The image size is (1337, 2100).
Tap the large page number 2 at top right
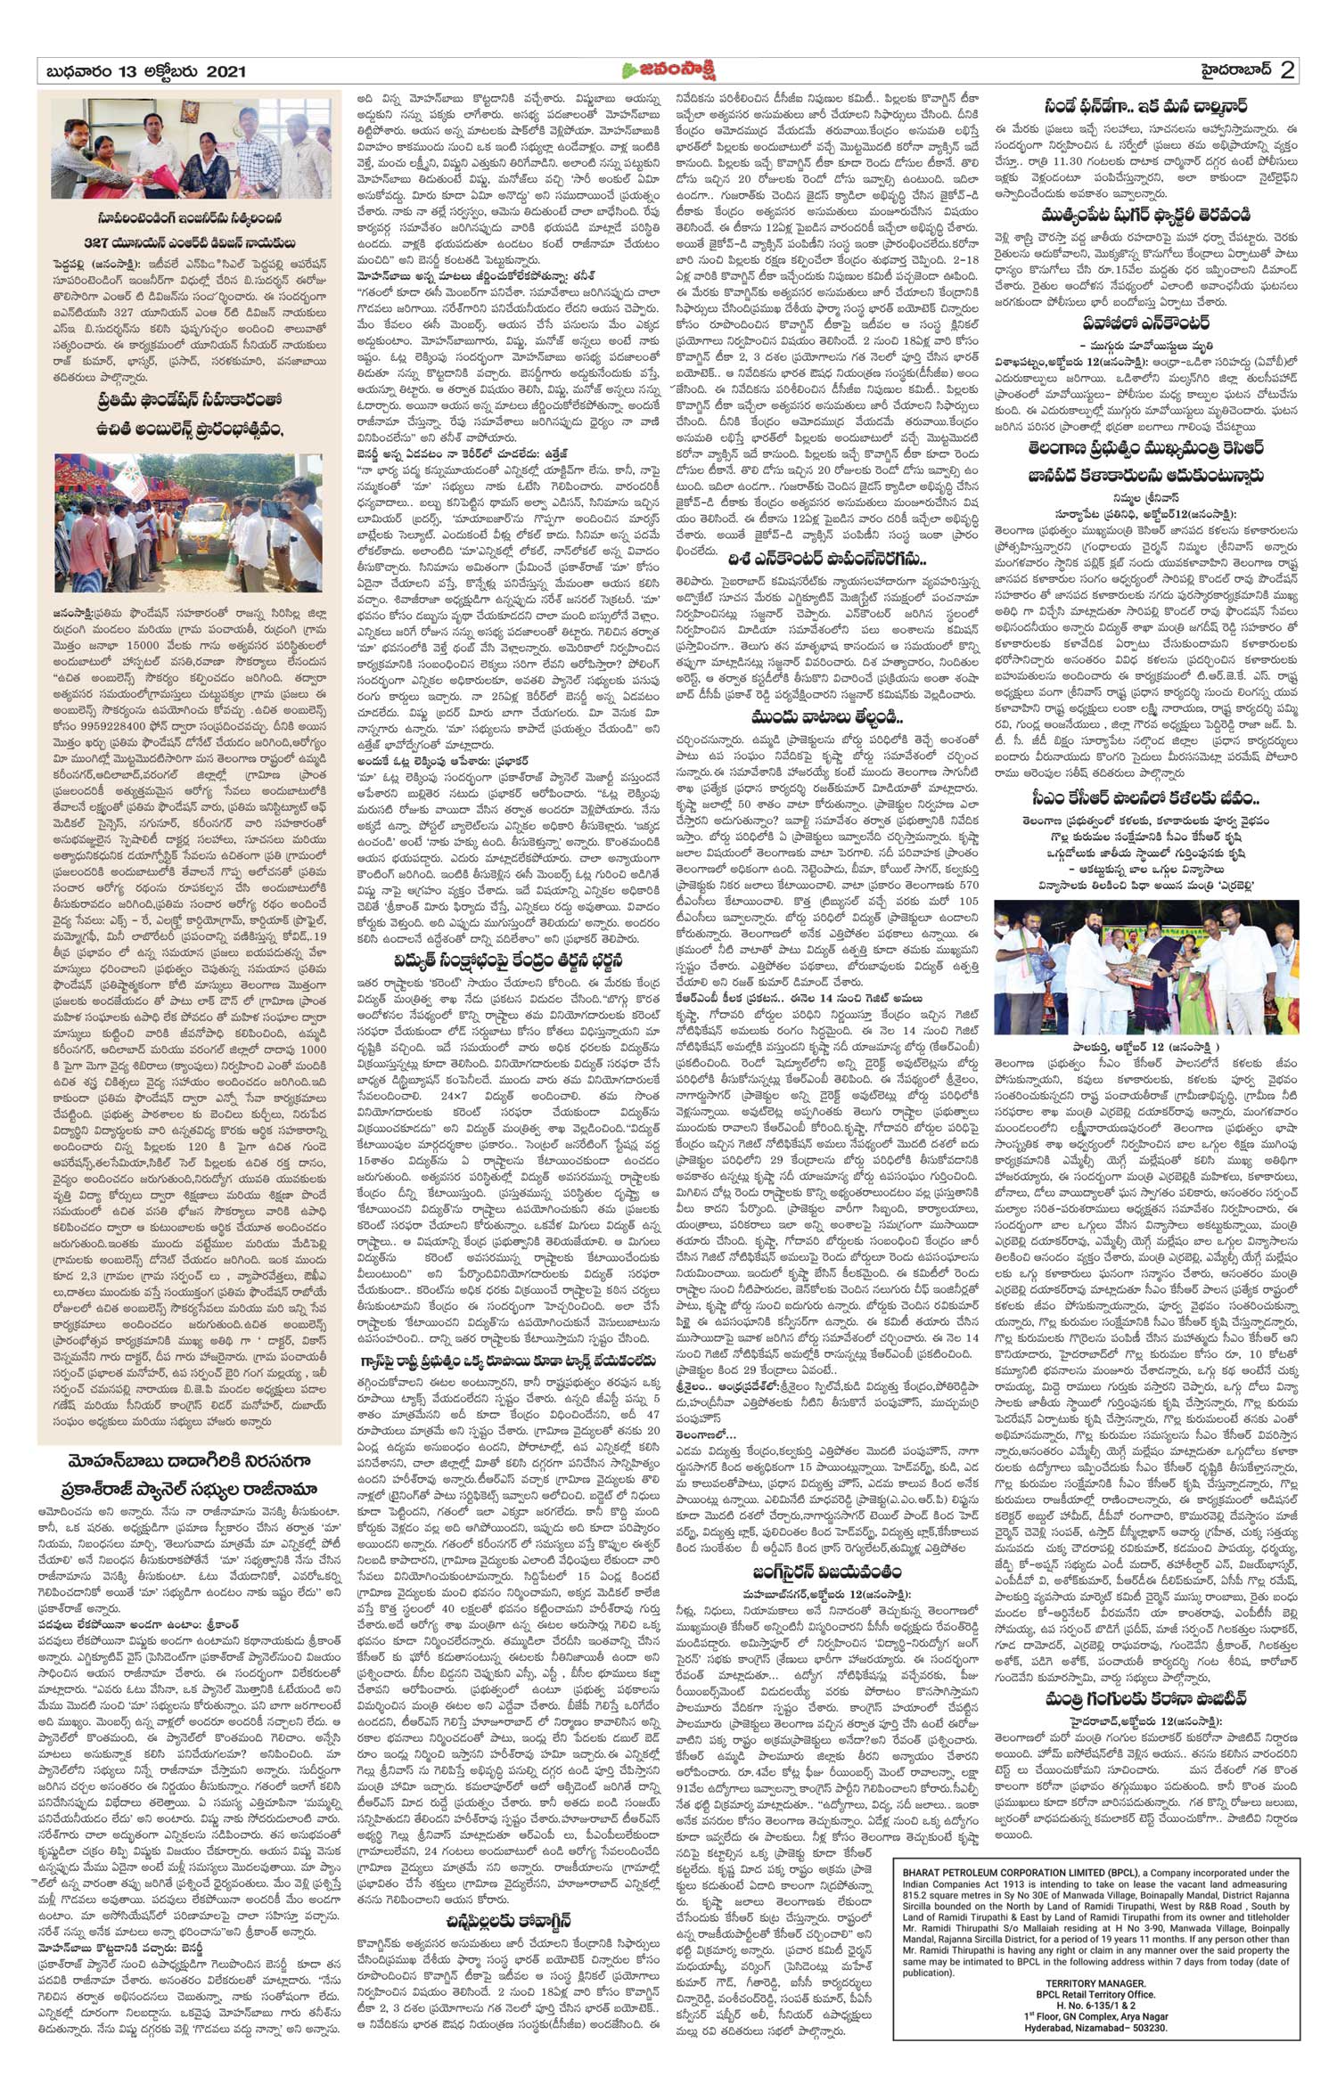[x=1287, y=70]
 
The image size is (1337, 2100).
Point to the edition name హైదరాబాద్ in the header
[x=1226, y=70]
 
